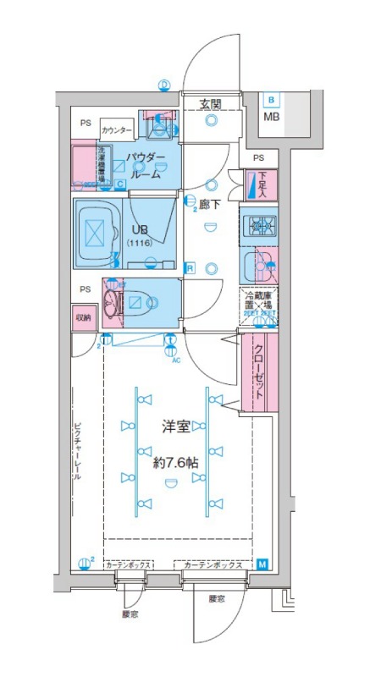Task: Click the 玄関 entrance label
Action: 211,104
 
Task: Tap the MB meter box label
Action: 271,116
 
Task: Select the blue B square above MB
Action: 271,100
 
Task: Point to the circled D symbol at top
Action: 164,84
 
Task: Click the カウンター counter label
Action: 116,130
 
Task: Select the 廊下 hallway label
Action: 210,204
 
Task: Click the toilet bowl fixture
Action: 136,300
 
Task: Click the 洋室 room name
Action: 176,427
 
